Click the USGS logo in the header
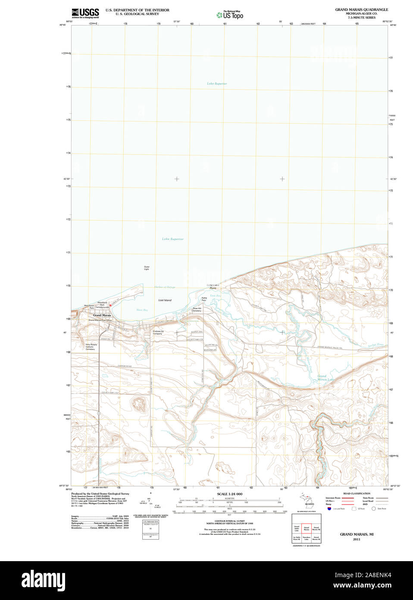click(85, 13)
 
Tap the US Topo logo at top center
click(230, 15)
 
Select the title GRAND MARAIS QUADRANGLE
click(361, 9)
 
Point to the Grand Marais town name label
click(102, 316)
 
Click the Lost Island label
click(165, 300)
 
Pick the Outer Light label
click(147, 268)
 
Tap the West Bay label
click(142, 310)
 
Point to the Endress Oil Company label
click(157, 332)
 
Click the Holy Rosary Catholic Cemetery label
click(91, 347)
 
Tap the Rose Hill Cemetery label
click(197, 309)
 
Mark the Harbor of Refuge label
click(165, 287)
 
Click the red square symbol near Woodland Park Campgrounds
click(110, 305)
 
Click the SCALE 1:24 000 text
click(229, 494)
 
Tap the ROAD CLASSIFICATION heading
click(357, 493)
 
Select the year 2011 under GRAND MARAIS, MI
click(357, 539)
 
